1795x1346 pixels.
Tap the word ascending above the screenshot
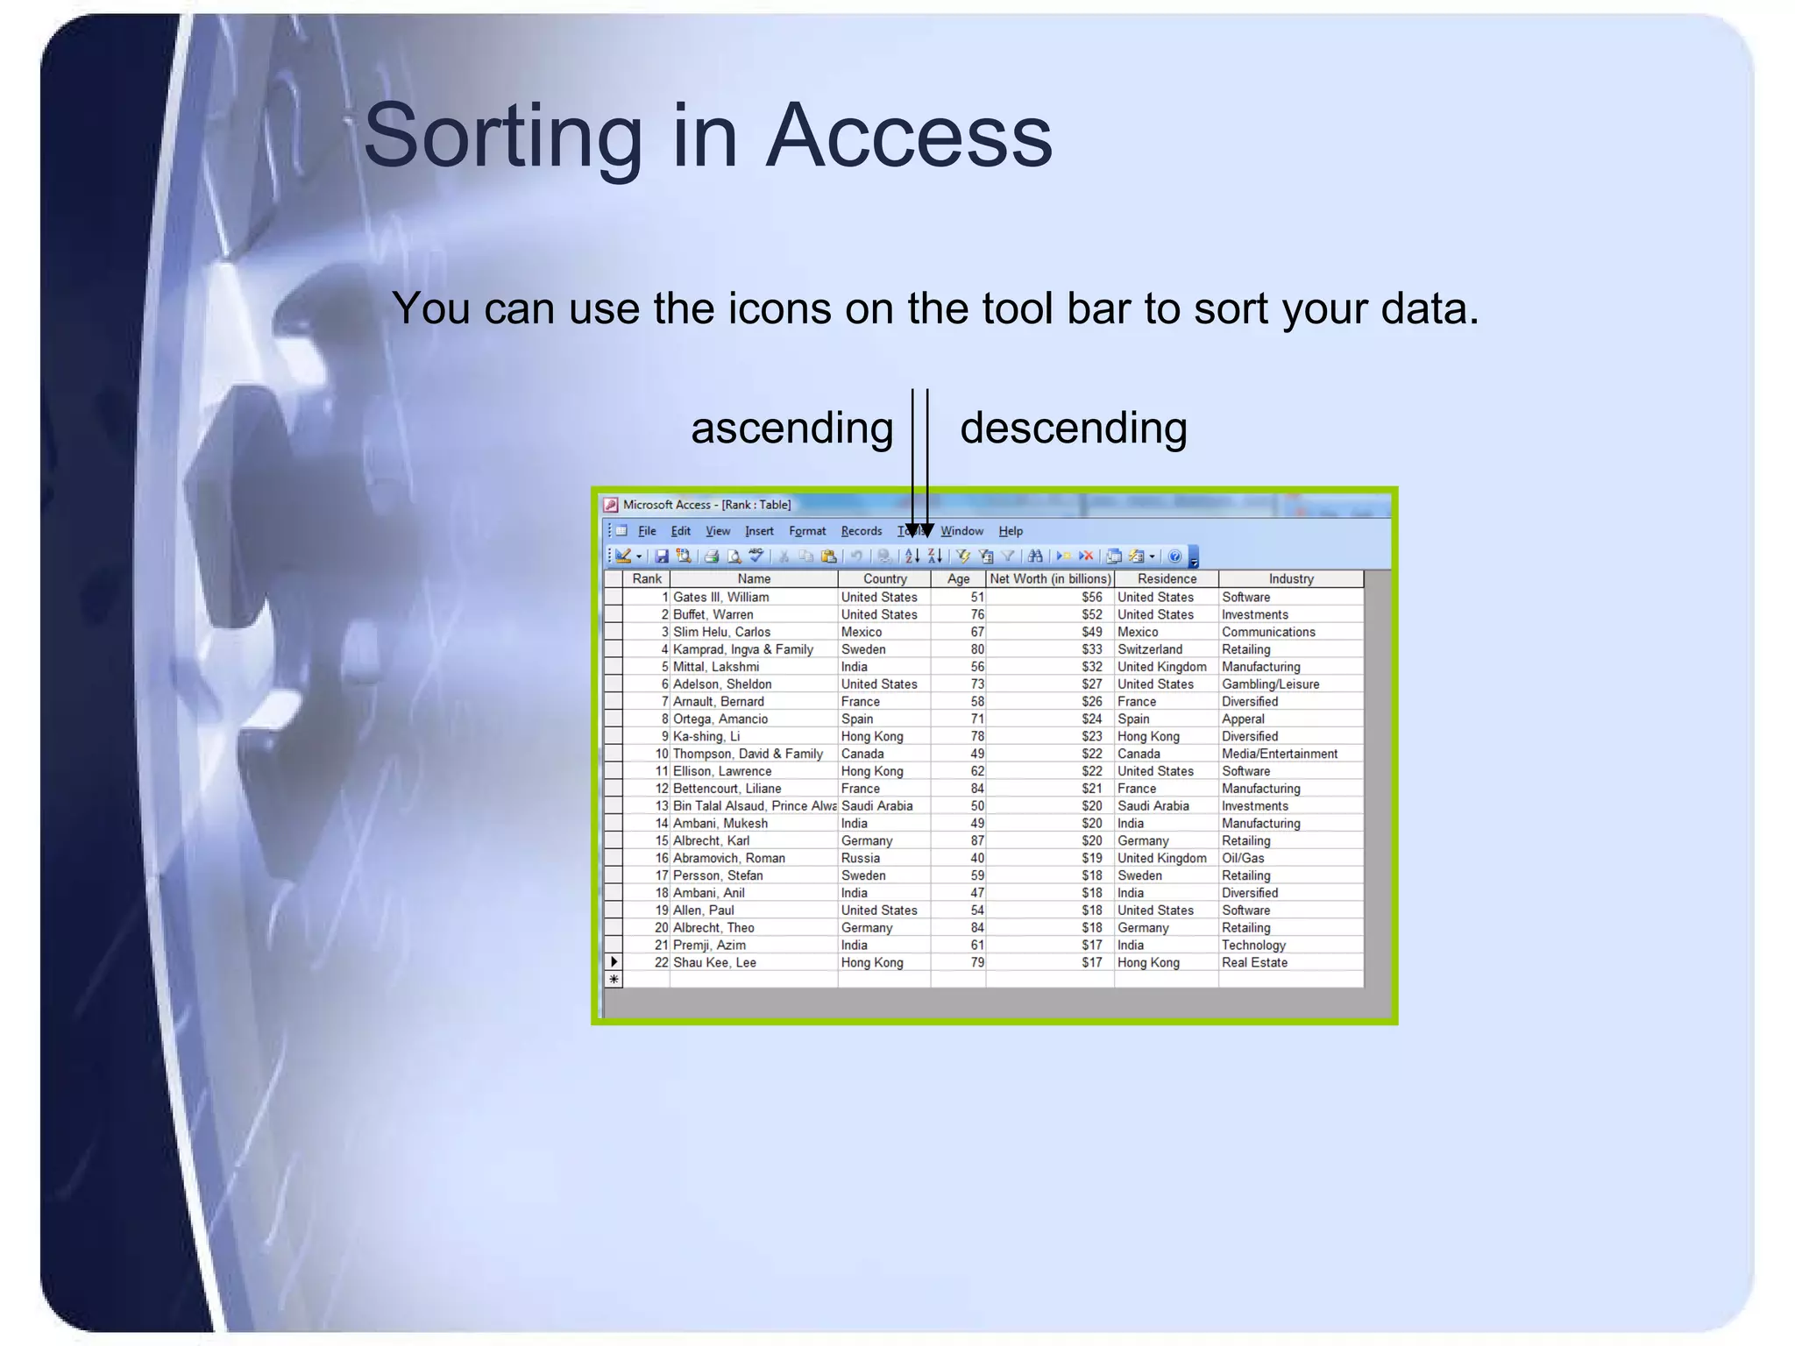791,429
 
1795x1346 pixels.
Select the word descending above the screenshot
1073,429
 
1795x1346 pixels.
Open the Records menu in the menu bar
861,531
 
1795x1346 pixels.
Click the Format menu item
806,531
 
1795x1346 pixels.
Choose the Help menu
1011,531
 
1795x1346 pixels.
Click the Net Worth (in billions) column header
1049,579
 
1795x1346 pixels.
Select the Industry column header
1290,579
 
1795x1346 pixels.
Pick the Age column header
958,579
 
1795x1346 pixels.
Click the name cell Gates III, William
720,598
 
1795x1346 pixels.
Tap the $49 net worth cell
1091,632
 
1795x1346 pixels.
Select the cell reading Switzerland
1149,649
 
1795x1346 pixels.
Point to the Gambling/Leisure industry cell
1270,684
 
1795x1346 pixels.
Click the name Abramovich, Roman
728,859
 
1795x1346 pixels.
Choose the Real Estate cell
1254,963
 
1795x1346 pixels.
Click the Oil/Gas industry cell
1243,859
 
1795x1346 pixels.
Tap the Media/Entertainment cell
1279,754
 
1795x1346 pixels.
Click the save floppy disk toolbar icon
662,556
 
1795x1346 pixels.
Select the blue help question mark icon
1174,556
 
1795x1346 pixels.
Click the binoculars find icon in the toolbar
1035,556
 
